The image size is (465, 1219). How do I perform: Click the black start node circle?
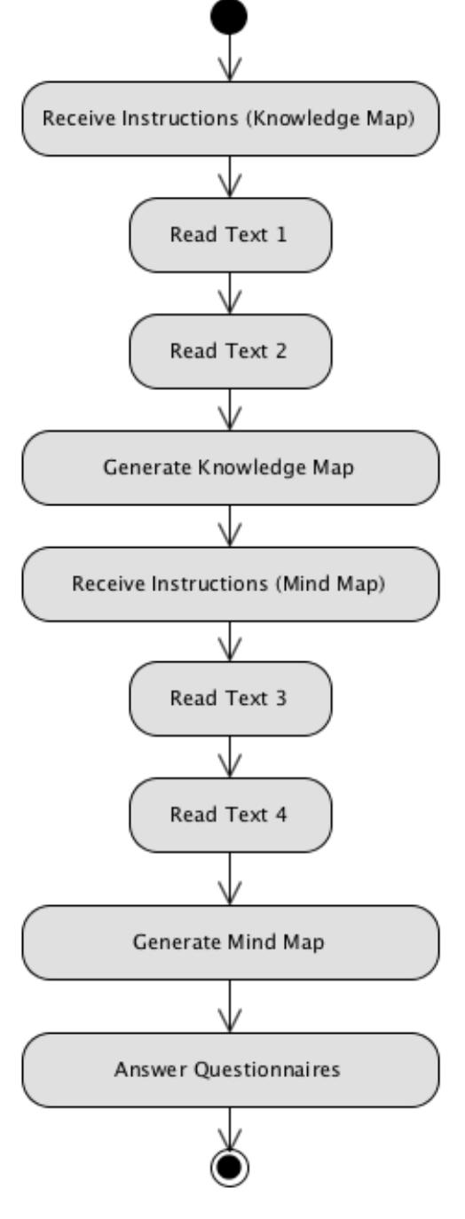[231, 16]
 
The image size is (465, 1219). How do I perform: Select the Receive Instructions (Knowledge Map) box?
[231, 120]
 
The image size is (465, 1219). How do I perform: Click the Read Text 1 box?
[231, 235]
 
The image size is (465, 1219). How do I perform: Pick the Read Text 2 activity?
[231, 351]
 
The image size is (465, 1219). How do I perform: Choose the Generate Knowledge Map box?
[231, 468]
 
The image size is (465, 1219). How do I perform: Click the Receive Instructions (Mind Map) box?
[231, 583]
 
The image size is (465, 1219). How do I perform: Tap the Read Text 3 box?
[231, 698]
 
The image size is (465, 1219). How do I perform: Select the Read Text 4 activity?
[231, 815]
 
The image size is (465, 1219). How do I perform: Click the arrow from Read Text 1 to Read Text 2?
[231, 293]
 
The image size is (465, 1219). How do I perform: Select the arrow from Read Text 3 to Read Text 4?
[231, 756]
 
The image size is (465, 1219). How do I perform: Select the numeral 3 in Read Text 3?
[282, 698]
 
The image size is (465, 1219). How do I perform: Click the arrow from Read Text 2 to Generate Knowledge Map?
[231, 409]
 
